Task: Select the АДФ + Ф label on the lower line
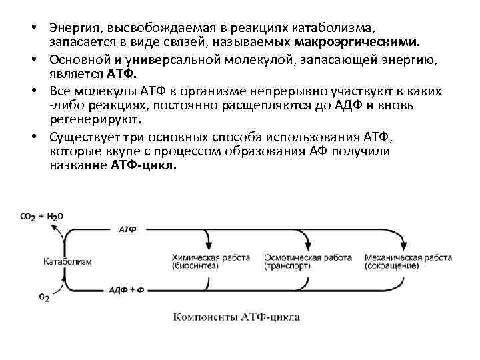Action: click(x=127, y=289)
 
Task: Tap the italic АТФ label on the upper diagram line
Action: click(x=127, y=229)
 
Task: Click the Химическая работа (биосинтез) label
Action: click(x=210, y=261)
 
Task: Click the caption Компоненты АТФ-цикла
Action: click(x=230, y=317)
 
